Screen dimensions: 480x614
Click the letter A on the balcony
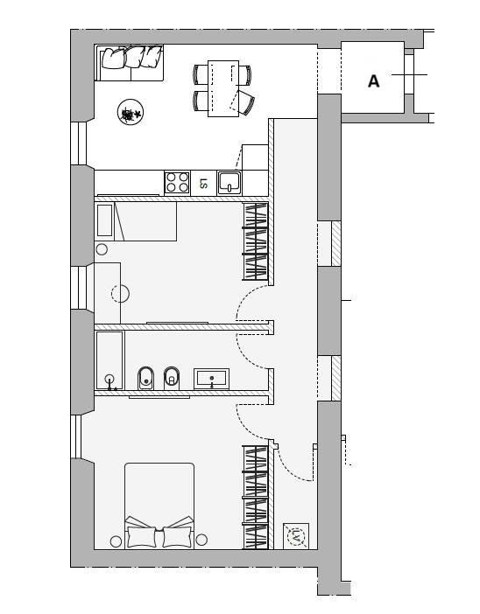pos(374,81)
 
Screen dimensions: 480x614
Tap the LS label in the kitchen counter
pos(203,184)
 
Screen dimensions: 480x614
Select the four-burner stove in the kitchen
pos(177,183)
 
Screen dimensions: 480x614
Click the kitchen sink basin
pos(229,183)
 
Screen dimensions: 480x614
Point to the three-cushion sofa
pos(130,63)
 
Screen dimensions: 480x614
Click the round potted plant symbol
pos(131,112)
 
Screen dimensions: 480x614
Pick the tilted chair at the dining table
pos(244,101)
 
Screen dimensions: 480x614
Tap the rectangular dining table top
pos(223,88)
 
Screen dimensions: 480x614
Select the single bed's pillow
pos(105,220)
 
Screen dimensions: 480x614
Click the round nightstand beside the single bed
pos(102,249)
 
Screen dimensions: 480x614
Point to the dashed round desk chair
pos(120,293)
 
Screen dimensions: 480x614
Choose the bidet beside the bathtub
pos(146,378)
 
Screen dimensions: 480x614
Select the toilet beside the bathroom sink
pos(172,378)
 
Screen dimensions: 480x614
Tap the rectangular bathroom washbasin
pos(212,379)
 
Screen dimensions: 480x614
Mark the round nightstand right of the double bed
pos(201,540)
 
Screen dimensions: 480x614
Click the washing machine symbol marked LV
pos(296,536)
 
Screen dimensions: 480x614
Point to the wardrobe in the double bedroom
pos(255,498)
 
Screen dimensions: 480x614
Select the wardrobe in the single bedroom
pos(255,241)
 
